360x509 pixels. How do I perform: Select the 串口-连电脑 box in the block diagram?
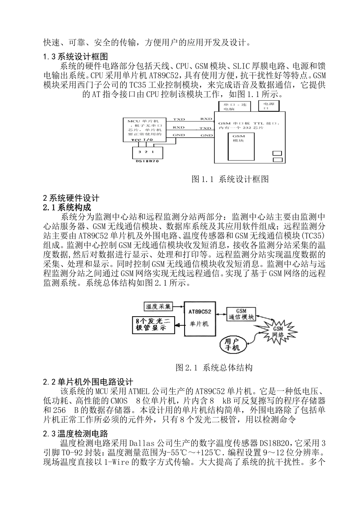coord(234,106)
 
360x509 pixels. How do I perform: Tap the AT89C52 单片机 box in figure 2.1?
coord(200,318)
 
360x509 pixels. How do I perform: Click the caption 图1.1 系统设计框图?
coord(230,179)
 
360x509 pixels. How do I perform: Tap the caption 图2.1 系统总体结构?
coord(214,367)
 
